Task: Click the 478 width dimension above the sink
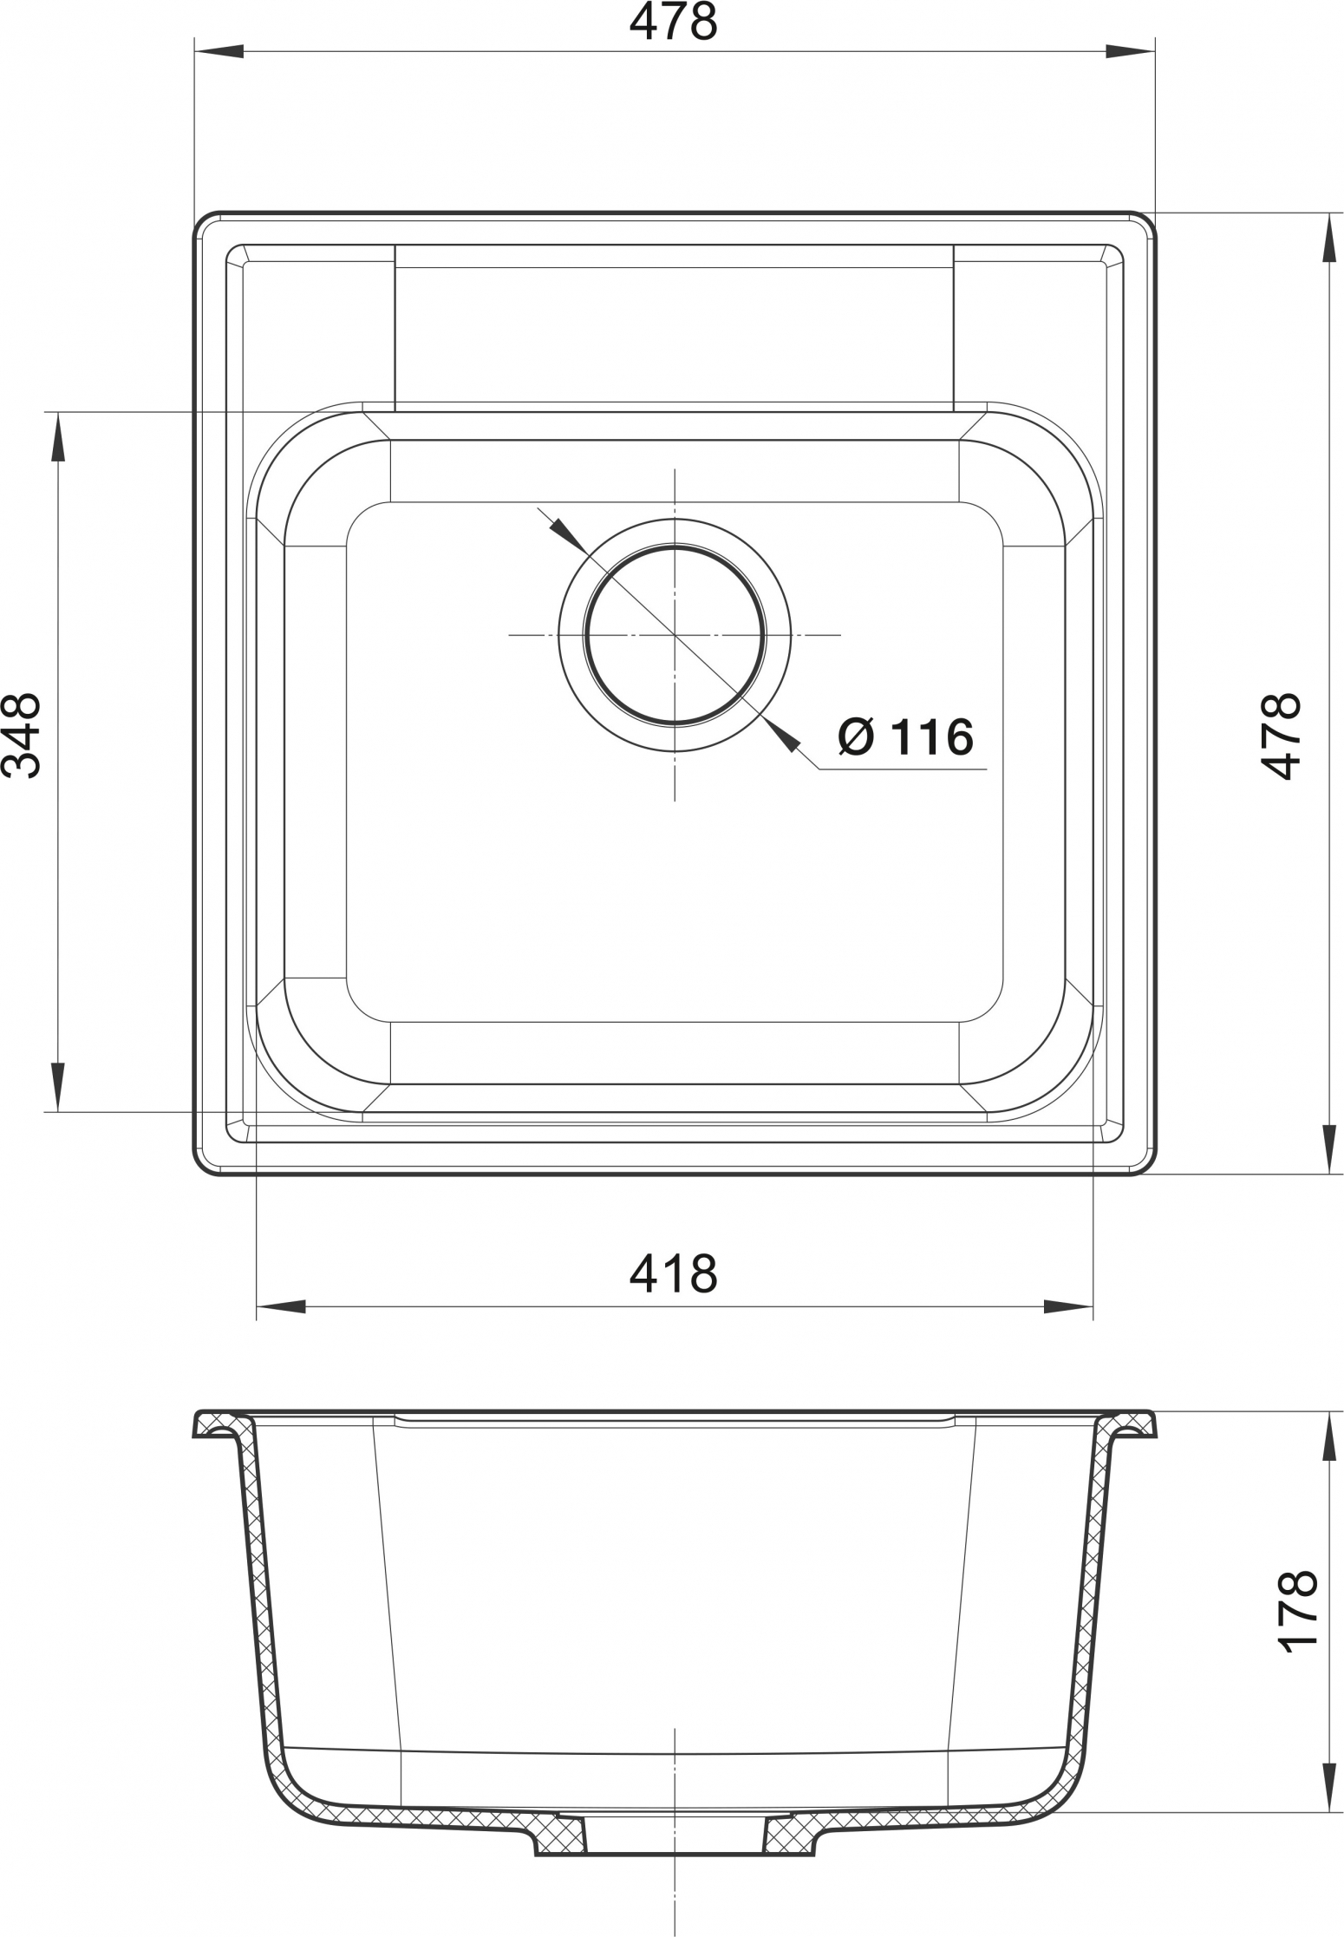pos(673,23)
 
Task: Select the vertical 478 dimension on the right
pos(1282,736)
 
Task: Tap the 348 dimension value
pos(21,735)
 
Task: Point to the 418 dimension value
pos(674,1273)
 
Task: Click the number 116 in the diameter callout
pos(932,737)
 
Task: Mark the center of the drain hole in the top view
pos(675,634)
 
